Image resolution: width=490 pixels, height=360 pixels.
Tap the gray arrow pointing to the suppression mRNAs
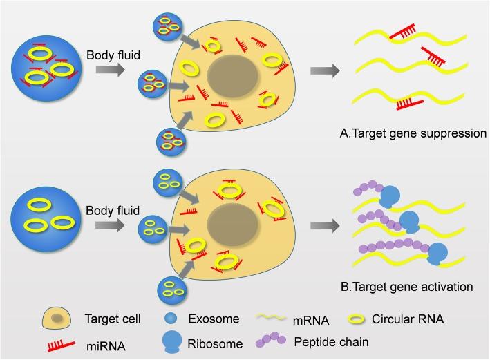click(x=325, y=70)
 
